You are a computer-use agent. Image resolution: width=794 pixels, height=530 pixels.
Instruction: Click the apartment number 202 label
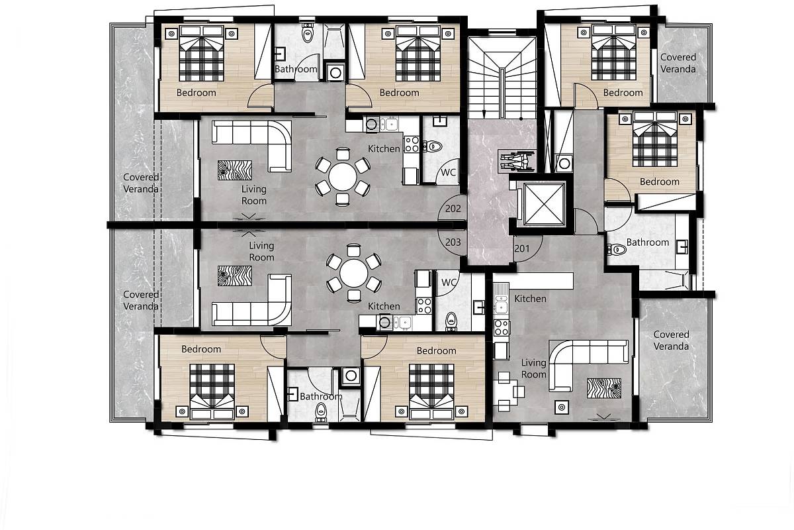tap(453, 209)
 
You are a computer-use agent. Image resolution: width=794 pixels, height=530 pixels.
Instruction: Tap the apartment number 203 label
tap(453, 242)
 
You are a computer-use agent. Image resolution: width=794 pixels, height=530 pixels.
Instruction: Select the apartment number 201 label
tap(522, 248)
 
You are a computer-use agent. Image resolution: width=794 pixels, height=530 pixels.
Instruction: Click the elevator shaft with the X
tap(543, 204)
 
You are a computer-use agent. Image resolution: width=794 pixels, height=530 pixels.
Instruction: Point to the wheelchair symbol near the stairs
tap(517, 161)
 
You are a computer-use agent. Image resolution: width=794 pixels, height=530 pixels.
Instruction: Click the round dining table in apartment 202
tap(343, 176)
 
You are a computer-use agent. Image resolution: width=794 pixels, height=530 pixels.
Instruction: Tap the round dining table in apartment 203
tap(353, 273)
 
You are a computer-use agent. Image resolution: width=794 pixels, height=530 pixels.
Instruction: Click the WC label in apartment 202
tap(449, 173)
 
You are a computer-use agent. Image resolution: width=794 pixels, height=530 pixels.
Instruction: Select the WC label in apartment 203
tap(449, 283)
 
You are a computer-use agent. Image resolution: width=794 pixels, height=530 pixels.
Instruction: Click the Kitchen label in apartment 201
tap(530, 299)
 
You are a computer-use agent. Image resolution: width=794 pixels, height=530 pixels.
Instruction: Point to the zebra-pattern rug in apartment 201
tap(604, 388)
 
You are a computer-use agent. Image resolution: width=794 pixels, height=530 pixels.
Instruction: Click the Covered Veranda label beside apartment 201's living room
tap(671, 340)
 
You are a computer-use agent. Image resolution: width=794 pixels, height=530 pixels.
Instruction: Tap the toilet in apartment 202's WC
tap(432, 146)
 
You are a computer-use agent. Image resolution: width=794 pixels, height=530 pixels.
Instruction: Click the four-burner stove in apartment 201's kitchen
tap(502, 327)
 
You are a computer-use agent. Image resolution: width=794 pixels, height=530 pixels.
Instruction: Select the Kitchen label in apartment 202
tap(384, 149)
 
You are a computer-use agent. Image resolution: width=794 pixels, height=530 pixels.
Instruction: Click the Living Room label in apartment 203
tap(261, 251)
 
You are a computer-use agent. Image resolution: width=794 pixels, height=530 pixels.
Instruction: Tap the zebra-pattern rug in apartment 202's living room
tap(235, 170)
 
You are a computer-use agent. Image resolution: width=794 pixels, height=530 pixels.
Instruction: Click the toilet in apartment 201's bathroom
tap(617, 249)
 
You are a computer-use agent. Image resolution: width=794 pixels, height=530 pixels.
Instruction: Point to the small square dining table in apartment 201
tap(506, 392)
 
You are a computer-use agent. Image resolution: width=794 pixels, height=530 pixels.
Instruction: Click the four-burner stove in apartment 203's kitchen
tap(424, 306)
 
